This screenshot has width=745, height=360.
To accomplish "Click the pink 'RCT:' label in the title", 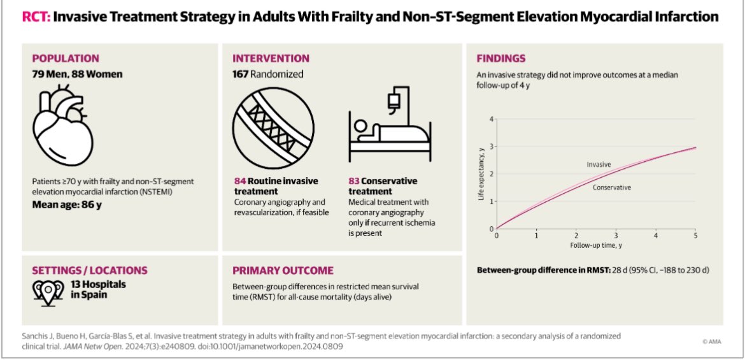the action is click(36, 18).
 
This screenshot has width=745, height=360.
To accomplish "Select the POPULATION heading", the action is click(66, 59).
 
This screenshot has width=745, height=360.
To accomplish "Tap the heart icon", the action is click(62, 125).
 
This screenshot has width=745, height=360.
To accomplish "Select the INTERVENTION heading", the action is click(271, 59).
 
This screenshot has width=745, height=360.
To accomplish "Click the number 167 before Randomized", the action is click(240, 74).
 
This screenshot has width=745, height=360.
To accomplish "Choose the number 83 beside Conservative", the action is click(354, 182).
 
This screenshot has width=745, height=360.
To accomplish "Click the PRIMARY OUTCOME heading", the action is click(283, 271).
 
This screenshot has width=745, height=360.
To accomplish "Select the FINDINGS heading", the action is click(500, 59).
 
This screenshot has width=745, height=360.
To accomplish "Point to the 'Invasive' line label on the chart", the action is click(598, 164).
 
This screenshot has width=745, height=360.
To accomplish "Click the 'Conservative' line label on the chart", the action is click(612, 187).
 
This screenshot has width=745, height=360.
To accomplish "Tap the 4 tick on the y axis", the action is click(492, 119).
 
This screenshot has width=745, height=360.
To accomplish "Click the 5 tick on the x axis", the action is click(695, 235).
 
